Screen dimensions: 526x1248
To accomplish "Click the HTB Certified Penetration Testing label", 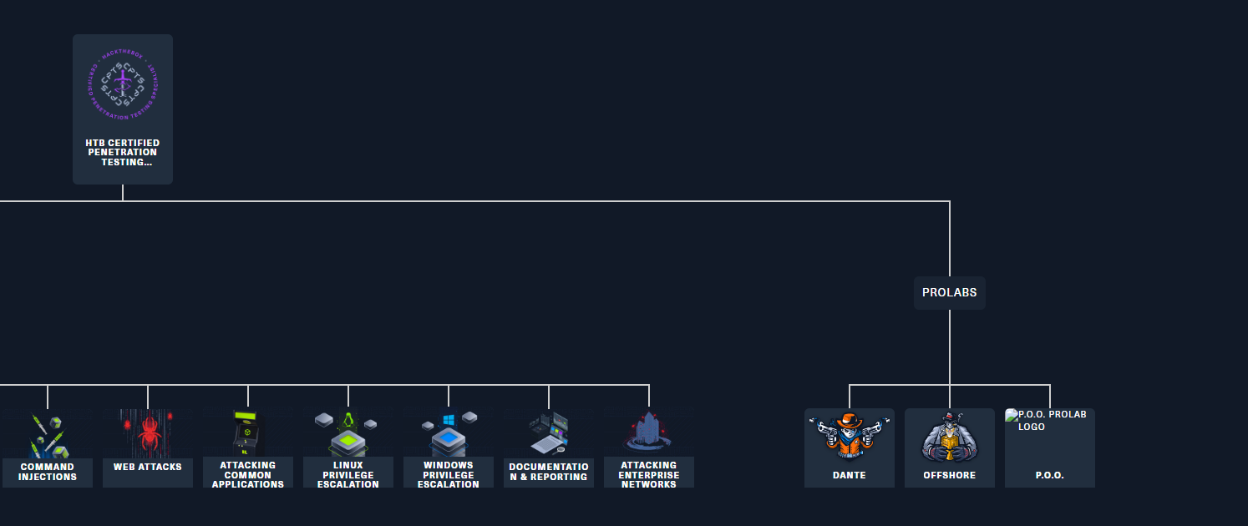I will tap(123, 153).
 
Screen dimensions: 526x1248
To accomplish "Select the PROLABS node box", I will tap(949, 293).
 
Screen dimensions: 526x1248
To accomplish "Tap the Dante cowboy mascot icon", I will tap(849, 435).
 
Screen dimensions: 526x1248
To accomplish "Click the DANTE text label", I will tap(849, 475).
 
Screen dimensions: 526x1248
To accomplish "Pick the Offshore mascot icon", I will tap(949, 436).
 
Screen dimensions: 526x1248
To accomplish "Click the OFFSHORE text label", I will tap(949, 475).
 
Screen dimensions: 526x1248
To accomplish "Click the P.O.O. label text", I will tap(1049, 475).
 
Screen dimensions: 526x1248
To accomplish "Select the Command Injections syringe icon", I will tap(48, 435).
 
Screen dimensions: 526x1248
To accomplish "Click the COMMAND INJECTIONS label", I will tap(48, 473).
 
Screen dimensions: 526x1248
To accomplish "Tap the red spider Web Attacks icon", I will tap(148, 431).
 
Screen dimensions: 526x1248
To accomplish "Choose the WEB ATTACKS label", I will tap(148, 468).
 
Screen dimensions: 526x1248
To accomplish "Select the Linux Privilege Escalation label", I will tap(348, 475).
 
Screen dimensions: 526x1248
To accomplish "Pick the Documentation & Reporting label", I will tap(549, 472).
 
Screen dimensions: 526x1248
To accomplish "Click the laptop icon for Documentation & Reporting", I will tap(549, 432).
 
